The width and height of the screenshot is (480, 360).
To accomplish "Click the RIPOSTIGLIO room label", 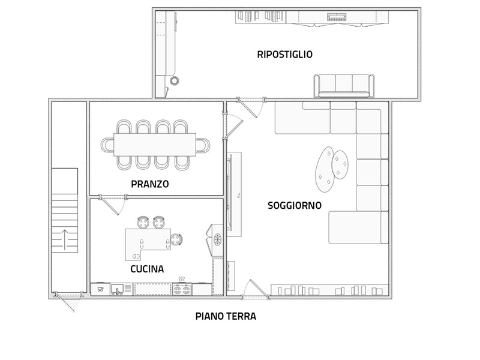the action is [284, 55].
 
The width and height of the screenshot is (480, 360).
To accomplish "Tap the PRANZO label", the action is [149, 184].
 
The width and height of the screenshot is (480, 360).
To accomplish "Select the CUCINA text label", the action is [147, 269].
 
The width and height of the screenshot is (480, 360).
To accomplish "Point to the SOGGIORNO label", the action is [295, 205].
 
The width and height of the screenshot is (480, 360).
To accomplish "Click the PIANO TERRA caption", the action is [226, 316].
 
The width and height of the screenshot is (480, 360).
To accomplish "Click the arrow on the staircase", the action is [65, 240].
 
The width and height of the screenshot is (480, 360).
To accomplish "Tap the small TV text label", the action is [238, 196].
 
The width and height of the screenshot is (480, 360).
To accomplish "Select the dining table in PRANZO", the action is [155, 145].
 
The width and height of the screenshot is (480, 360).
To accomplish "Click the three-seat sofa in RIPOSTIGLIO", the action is [344, 86].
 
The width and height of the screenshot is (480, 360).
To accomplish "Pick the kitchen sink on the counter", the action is [117, 289].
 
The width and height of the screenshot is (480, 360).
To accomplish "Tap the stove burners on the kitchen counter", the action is [182, 289].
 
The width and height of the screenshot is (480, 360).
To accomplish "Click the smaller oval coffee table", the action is [340, 164].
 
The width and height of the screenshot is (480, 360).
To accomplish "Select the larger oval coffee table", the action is [325, 169].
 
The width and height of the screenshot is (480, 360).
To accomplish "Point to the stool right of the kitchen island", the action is [176, 239].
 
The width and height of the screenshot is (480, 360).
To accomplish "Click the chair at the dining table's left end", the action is [107, 145].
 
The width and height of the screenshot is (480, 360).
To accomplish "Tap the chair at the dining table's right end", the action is [203, 145].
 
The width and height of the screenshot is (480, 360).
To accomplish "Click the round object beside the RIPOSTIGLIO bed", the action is [175, 81].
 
